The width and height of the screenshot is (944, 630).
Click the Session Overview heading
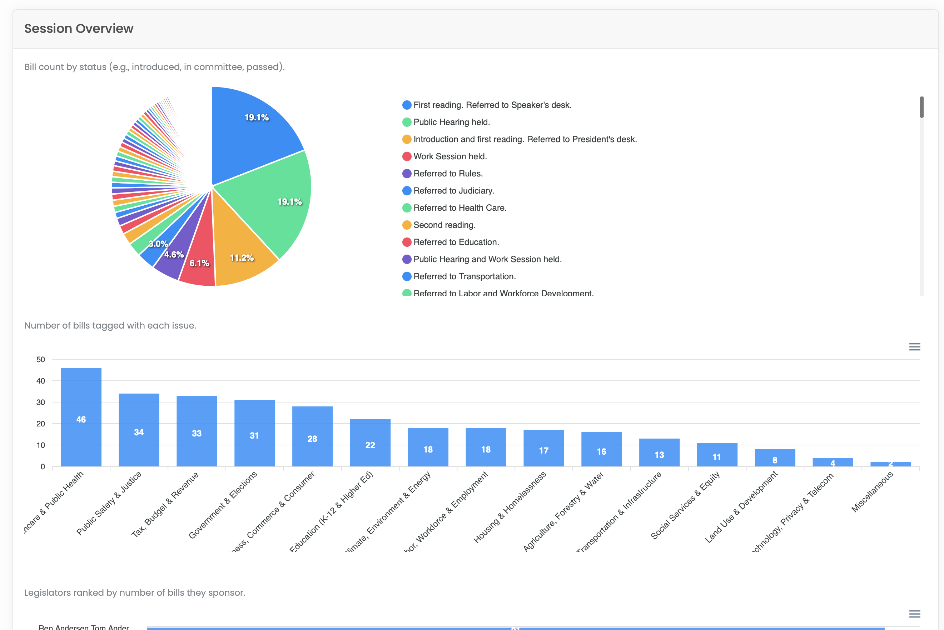point(79,29)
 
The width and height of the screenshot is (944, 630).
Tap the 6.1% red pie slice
point(199,261)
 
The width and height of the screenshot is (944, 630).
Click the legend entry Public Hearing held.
point(451,122)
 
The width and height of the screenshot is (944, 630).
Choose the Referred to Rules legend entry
point(448,174)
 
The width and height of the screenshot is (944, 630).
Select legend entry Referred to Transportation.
point(464,276)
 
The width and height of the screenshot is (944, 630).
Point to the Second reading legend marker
point(407,225)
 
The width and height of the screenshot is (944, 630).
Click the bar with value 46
point(81,418)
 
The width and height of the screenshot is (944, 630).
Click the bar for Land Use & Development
point(774,458)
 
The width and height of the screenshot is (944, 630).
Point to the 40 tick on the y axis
point(41,381)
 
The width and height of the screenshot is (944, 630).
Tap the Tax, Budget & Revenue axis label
point(165,505)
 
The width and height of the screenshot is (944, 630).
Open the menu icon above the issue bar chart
point(914,347)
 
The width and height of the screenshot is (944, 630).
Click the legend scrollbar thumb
point(921,107)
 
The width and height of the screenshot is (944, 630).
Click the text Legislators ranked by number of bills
point(135,592)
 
